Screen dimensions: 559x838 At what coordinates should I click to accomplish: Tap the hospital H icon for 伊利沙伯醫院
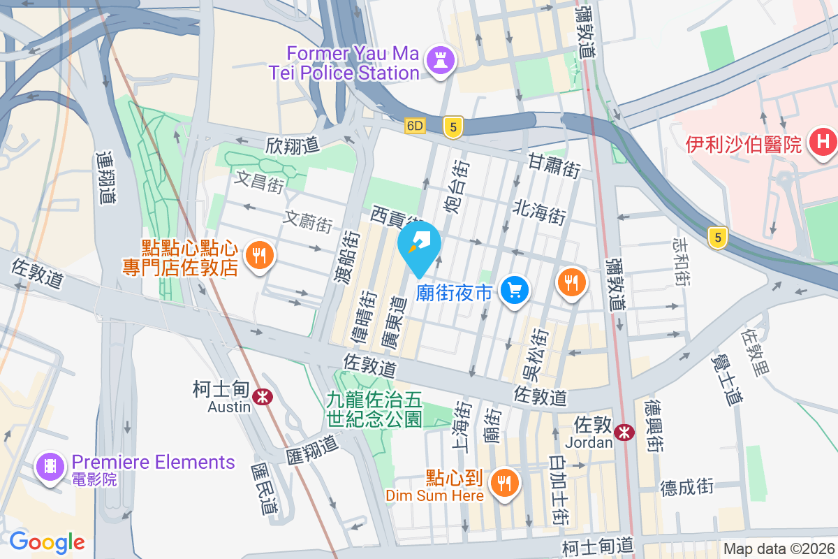(x=822, y=143)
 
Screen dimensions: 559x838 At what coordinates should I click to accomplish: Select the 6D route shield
(x=415, y=126)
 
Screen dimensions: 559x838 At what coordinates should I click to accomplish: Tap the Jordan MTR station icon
(x=624, y=433)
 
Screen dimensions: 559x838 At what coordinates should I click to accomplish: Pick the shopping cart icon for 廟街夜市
(x=516, y=290)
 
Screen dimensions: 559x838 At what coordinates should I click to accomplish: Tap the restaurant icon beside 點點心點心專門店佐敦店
(x=260, y=255)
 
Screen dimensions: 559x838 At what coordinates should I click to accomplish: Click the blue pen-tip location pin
(x=419, y=245)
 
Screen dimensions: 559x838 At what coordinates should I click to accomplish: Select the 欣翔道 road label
(x=292, y=145)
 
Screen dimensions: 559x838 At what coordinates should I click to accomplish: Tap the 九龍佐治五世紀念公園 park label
(x=374, y=409)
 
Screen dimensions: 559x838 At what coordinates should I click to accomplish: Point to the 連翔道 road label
(x=105, y=178)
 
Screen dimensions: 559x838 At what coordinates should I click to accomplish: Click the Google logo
(x=47, y=542)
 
